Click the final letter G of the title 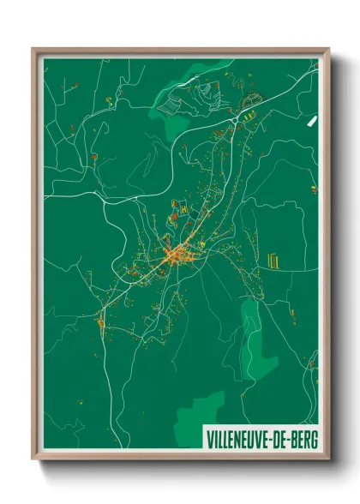(313, 439)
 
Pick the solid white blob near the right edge (311, 116)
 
